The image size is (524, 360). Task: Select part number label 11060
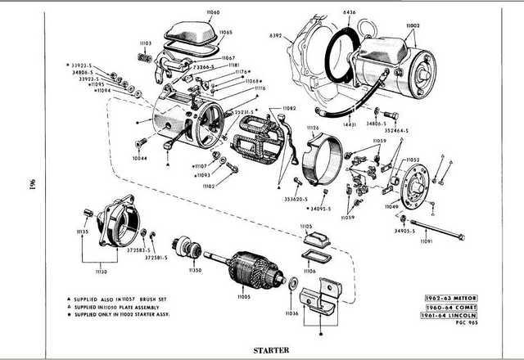tap(190, 15)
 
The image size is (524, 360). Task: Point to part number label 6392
tap(275, 37)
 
